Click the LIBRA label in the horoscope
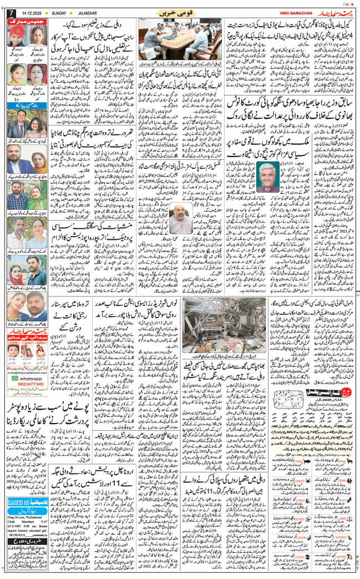350,510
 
